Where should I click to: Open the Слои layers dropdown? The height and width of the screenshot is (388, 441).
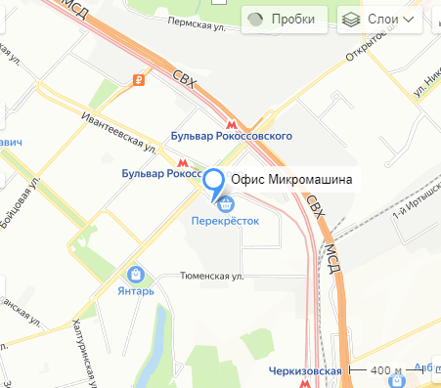tap(380, 20)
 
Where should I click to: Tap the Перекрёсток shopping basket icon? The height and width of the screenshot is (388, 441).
tap(226, 204)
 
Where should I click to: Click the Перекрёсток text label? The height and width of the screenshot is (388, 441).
tap(224, 221)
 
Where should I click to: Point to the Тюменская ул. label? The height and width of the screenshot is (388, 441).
tap(211, 277)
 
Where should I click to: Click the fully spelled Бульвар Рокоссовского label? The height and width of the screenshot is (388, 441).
tap(231, 137)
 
